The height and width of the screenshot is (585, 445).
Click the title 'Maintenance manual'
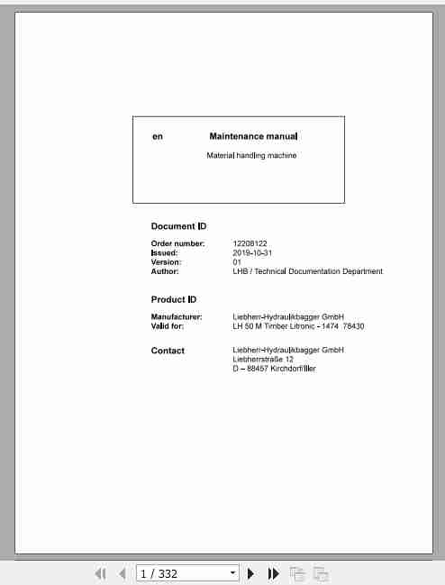252,137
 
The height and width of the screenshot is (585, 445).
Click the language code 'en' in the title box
158,137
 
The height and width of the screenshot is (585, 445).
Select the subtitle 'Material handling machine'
251,156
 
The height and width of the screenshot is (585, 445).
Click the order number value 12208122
250,243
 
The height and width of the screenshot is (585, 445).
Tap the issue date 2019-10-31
251,253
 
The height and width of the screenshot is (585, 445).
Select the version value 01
237,262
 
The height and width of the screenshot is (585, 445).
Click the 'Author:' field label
165,271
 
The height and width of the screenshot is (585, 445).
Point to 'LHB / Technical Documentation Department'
307,271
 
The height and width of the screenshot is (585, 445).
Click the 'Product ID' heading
174,299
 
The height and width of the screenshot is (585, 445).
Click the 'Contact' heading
168,351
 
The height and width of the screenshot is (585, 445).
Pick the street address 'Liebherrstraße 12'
263,359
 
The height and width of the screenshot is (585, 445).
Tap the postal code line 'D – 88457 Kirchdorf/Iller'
274,369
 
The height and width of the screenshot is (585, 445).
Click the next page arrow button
251,573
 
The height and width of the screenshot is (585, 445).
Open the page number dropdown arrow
232,573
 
